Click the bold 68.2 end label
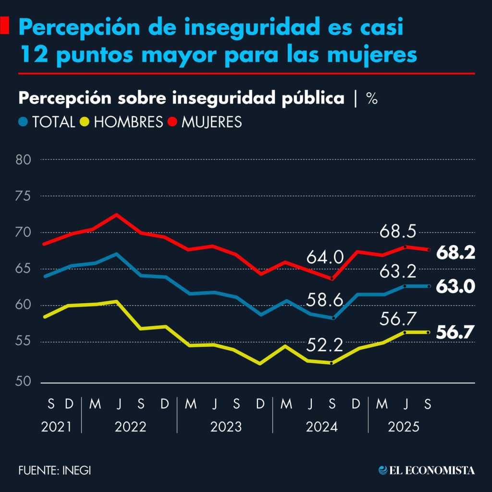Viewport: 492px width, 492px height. coord(455,253)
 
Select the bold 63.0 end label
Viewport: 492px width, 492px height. coord(455,287)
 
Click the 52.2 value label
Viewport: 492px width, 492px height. coord(325,344)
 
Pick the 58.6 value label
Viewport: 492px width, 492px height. coord(325,301)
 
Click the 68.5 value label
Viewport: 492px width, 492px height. coord(397,232)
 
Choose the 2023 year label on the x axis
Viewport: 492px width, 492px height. coord(225,427)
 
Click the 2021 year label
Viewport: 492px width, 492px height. coord(57,427)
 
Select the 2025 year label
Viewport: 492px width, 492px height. coord(404,427)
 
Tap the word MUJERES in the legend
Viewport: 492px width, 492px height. coord(211,122)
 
